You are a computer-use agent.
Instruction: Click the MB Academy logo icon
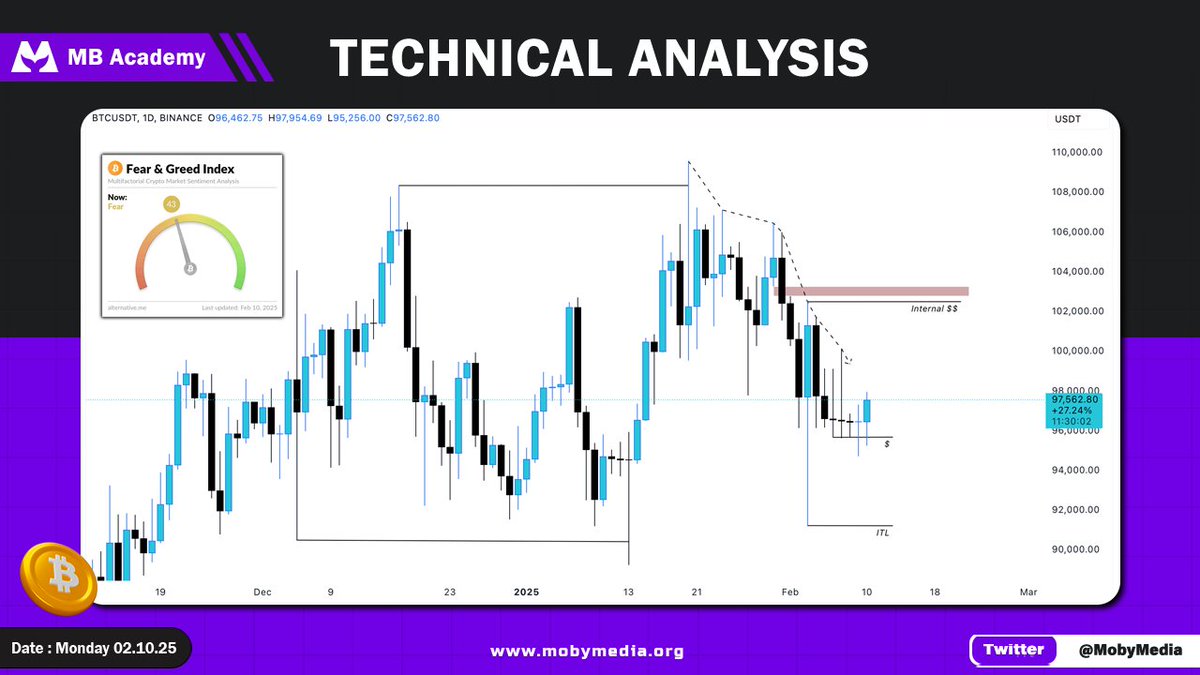coord(35,57)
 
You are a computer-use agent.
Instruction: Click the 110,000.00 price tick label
coord(1075,152)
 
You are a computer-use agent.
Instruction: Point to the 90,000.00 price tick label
coord(1075,549)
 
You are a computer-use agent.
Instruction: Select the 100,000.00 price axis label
coord(1075,351)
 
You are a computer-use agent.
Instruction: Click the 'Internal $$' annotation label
coord(934,310)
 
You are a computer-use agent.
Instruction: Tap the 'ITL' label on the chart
coord(882,534)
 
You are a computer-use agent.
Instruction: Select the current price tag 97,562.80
coord(1074,399)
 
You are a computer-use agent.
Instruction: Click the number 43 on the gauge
coord(171,204)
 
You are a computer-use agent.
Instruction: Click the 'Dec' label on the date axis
coord(262,592)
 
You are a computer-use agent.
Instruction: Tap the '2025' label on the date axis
coord(526,592)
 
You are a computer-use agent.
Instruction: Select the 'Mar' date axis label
coord(1028,592)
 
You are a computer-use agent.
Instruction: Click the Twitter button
coord(1013,649)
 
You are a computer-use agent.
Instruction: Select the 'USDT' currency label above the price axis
coord(1068,120)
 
